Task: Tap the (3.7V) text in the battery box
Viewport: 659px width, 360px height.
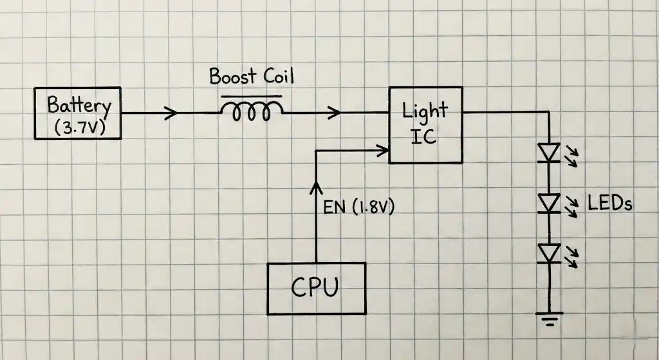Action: pos(79,128)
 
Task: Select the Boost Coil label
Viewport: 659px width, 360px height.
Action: pos(251,77)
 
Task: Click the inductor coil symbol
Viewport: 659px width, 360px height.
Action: pos(252,113)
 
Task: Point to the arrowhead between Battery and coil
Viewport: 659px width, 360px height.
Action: pos(172,113)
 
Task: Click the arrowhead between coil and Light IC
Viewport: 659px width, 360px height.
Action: pos(335,113)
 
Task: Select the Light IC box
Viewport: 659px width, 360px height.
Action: pos(425,125)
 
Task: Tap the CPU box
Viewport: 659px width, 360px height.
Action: pos(317,288)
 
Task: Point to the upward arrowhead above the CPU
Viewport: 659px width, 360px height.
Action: pos(315,188)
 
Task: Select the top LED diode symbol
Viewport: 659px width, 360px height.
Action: pos(549,153)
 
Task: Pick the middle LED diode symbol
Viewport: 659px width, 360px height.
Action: pos(549,203)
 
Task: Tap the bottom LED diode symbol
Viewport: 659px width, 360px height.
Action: pos(549,253)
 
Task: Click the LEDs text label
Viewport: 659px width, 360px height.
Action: pos(610,204)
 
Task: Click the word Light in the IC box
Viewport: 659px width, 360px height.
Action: pos(424,111)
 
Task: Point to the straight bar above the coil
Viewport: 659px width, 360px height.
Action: pos(252,96)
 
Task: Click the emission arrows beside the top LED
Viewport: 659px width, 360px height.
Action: pos(570,155)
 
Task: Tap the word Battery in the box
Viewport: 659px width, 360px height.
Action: pos(79,105)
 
